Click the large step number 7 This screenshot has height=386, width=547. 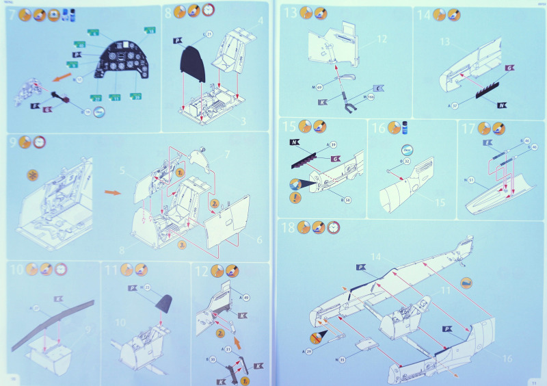click(x=12, y=14)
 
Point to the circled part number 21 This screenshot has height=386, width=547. click(x=209, y=34)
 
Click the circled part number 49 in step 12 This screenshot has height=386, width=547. click(x=245, y=297)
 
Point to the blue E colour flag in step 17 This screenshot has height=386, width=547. click(x=488, y=143)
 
